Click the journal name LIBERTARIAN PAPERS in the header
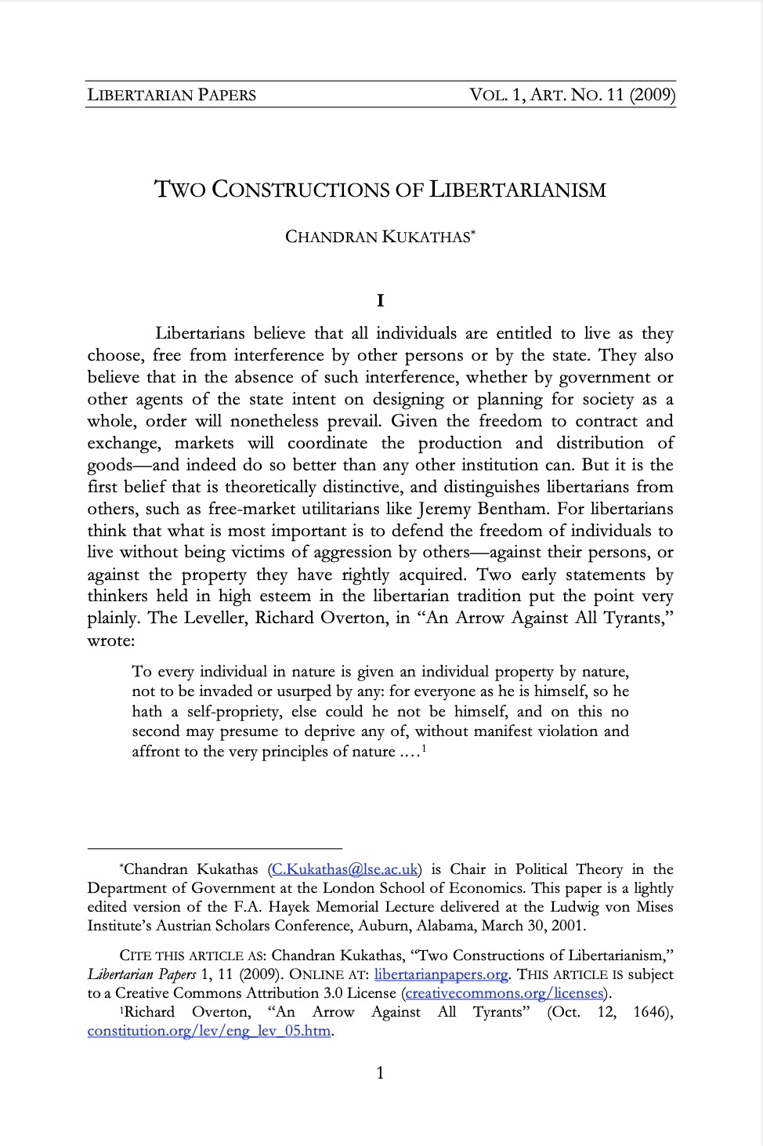pos(172,96)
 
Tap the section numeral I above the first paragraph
pos(381,300)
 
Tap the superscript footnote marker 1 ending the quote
pos(423,748)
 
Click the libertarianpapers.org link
pos(441,974)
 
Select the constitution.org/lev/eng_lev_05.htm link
pos(209,1031)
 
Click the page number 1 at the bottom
pos(381,1073)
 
